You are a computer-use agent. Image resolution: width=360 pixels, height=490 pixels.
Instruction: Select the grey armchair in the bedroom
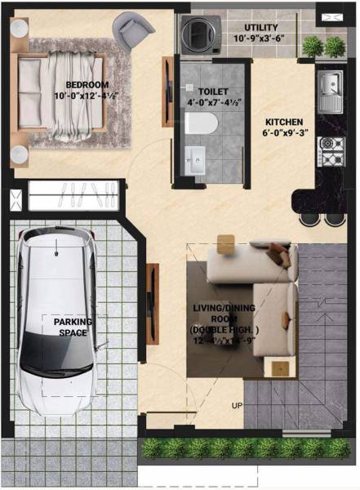coord(133,31)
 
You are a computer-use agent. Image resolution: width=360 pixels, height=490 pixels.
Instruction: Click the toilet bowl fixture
coord(201,123)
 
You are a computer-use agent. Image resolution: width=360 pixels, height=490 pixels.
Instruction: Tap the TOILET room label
coord(213,92)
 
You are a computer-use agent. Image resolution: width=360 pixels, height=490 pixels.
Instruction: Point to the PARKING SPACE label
coord(73,327)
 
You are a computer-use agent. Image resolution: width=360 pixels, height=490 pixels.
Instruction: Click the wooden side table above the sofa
coord(225,242)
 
